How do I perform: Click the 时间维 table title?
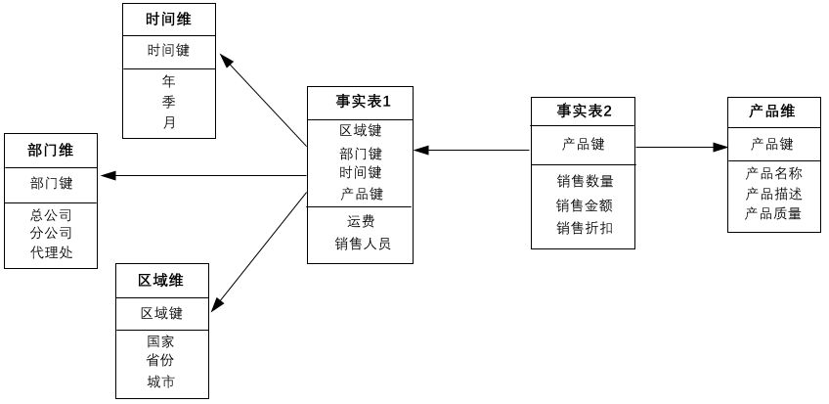[169, 20]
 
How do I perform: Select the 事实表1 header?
[363, 101]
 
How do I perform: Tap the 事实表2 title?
[585, 112]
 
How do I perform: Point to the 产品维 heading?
[772, 112]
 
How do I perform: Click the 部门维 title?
[51, 151]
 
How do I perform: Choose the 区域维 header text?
[161, 281]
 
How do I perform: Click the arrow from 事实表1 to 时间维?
[263, 100]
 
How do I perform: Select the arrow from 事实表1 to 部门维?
[204, 175]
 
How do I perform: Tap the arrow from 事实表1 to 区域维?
[259, 252]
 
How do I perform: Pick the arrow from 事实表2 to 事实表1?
[471, 151]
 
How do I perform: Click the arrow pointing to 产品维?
[681, 148]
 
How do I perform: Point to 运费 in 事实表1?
[361, 221]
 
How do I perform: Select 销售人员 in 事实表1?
[363, 244]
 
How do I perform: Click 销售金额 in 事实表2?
[585, 205]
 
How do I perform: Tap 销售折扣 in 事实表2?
[585, 228]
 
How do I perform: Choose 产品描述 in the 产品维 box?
[773, 194]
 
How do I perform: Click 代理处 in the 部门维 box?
[51, 252]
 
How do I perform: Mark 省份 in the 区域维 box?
[160, 360]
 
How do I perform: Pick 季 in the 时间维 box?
[169, 102]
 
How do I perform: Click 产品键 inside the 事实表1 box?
[362, 194]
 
